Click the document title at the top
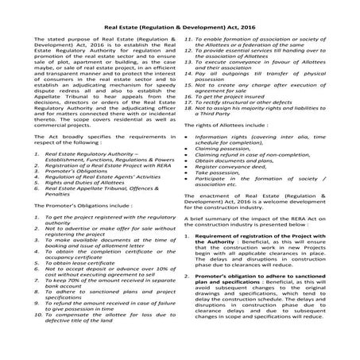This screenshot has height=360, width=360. (x=180, y=25)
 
